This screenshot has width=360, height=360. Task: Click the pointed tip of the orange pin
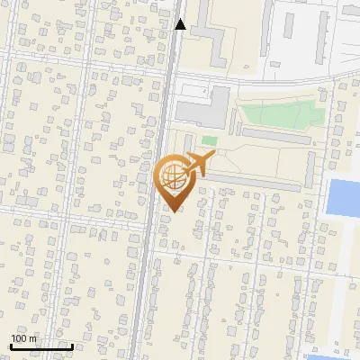[173, 211]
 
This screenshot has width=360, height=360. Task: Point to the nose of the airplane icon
[213, 157]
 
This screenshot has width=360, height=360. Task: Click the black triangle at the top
[180, 24]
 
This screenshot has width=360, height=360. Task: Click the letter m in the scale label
[33, 338]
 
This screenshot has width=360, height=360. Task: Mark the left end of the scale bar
[11, 346]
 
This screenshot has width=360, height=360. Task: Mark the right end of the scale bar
[72, 346]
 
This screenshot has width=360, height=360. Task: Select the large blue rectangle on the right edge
[343, 197]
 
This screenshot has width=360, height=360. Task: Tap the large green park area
[279, 115]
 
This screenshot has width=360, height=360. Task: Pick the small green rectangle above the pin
[210, 140]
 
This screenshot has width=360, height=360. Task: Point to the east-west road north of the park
[270, 83]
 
